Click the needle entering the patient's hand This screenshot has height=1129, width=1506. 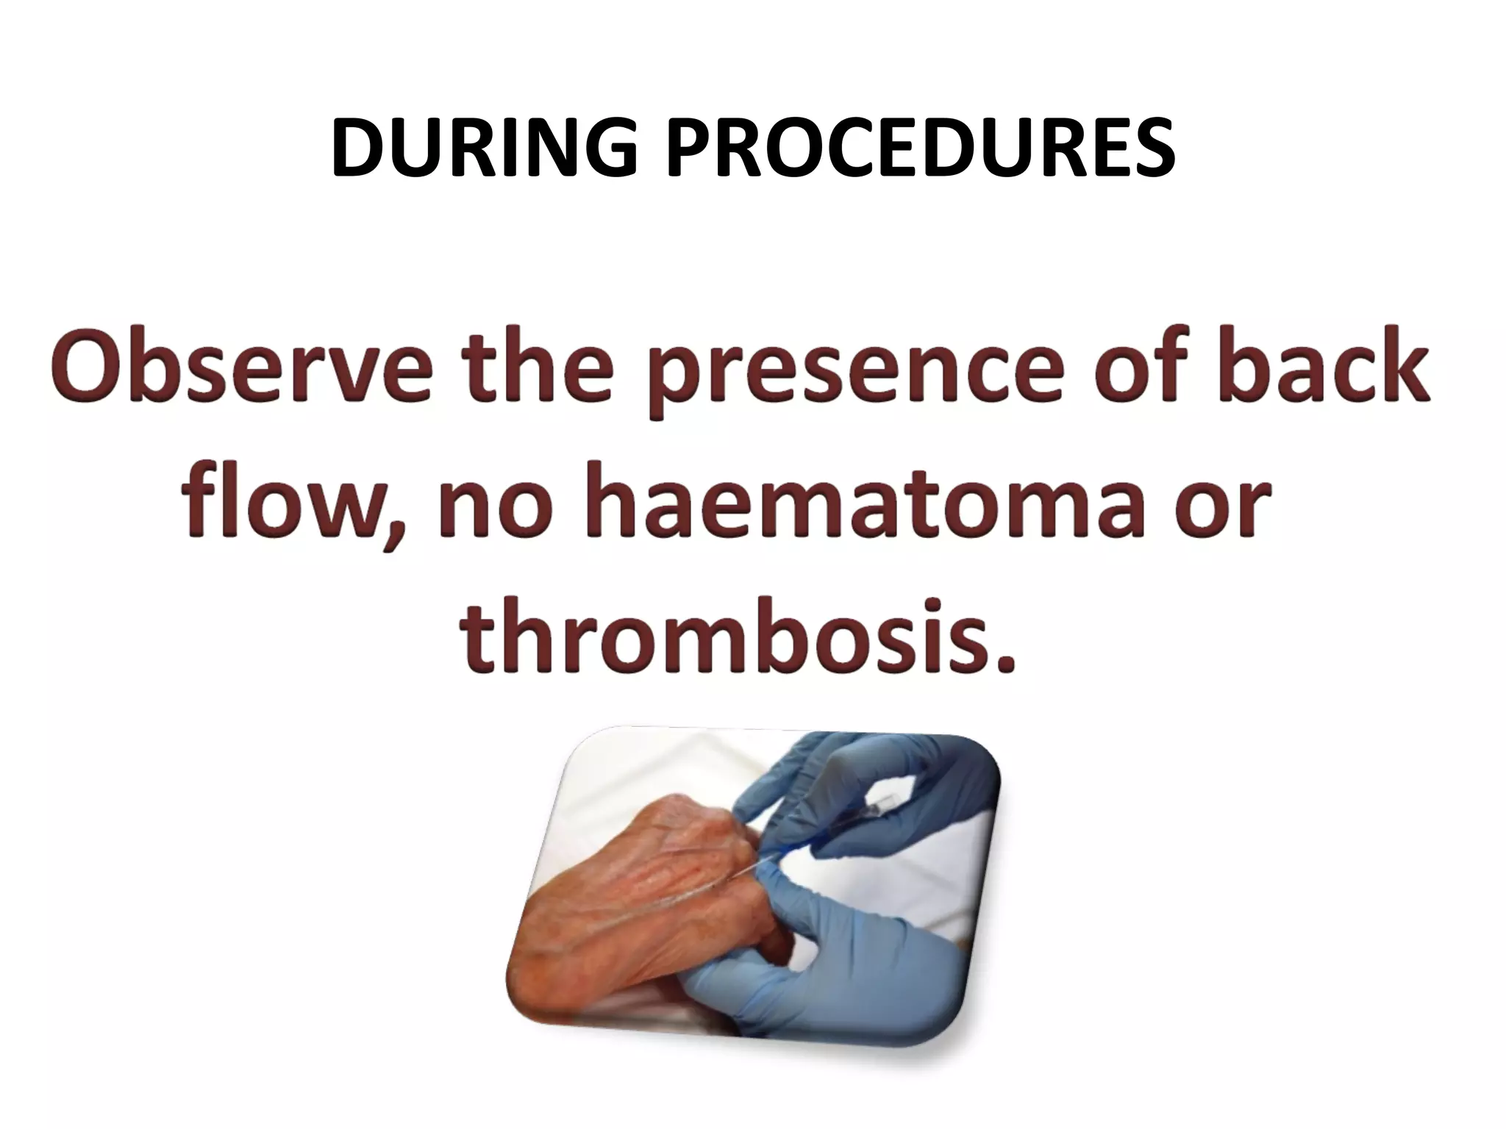click(757, 871)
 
